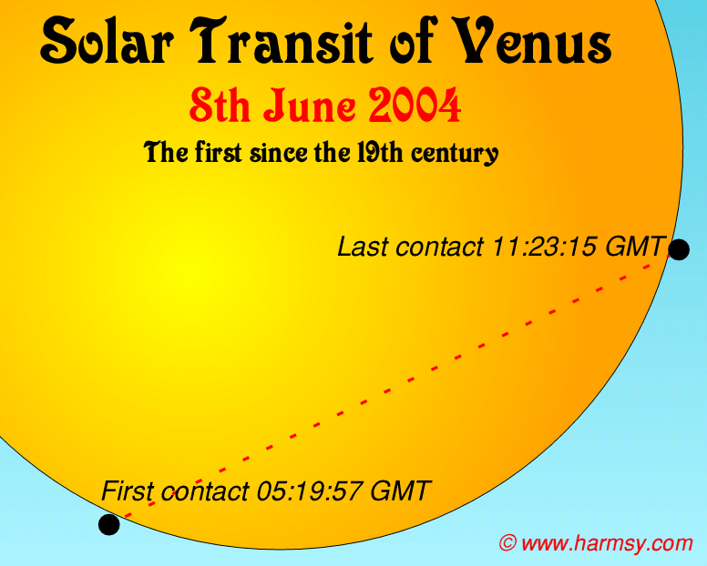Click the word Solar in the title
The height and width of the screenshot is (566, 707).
click(107, 41)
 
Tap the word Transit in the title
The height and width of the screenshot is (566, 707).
click(281, 41)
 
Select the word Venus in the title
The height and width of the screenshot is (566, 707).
click(532, 41)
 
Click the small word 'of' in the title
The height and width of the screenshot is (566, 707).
click(414, 41)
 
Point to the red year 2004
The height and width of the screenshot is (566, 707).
click(415, 106)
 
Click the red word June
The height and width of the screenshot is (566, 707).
click(310, 106)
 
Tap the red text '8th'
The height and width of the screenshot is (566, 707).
click(220, 106)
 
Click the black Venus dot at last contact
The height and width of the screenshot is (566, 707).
click(679, 249)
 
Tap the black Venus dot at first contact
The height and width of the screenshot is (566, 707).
click(109, 524)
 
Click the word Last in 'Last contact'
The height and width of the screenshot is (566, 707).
click(364, 247)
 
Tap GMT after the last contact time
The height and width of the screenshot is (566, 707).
click(633, 247)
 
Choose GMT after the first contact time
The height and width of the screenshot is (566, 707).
click(400, 490)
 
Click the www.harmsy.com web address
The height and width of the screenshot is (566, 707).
click(607, 543)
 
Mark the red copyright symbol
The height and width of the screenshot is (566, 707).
click(507, 542)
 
